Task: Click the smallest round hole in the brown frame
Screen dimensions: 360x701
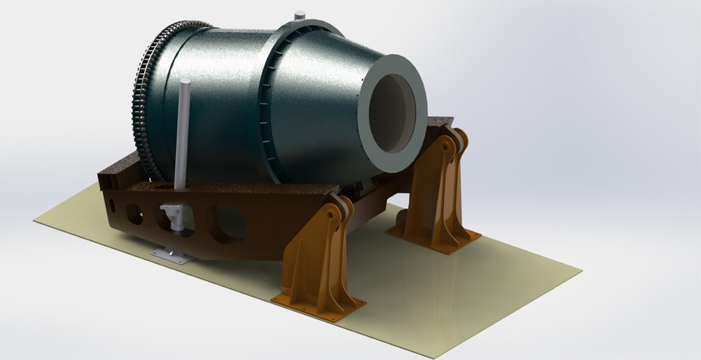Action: [134, 213]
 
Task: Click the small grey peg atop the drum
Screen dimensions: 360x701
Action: [299, 15]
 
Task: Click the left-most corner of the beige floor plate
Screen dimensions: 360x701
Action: [34, 220]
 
